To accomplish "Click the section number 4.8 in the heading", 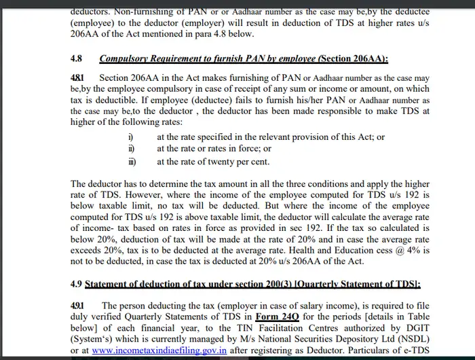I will [77, 59].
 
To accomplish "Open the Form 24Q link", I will [277, 317].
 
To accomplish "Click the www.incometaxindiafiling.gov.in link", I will [159, 350].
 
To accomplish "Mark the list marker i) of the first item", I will [131, 137].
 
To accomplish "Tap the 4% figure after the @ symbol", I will [419, 249].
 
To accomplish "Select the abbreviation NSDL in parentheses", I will [412, 339].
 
